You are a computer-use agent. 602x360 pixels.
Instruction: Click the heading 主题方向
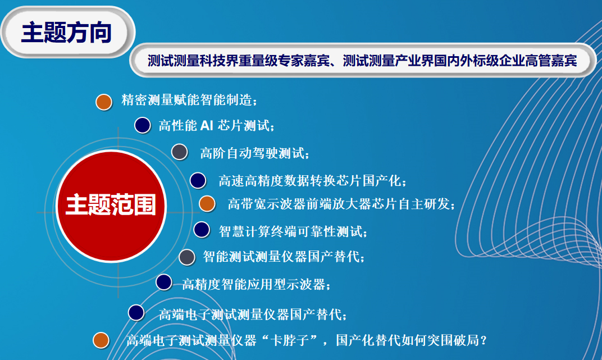pos(66,33)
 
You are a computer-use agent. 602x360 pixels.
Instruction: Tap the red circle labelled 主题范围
pos(111,206)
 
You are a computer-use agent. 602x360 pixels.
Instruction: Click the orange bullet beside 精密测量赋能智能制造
pos(104,102)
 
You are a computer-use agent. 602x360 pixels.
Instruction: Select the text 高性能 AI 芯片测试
pos(217,125)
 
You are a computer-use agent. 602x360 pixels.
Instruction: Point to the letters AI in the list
pos(207,125)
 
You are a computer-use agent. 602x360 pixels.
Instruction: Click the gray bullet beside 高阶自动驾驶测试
pos(179,152)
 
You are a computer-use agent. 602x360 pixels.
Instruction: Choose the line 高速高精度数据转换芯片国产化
pos(312,181)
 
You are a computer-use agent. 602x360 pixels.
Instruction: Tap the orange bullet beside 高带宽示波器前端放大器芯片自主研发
pos(207,204)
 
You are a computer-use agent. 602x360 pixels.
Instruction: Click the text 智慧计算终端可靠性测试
pos(293,231)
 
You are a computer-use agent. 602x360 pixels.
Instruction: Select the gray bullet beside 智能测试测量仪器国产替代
pos(187,257)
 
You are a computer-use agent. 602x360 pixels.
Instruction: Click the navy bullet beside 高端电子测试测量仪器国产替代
pos(136,313)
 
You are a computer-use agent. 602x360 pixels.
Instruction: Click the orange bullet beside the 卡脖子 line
pos(101,340)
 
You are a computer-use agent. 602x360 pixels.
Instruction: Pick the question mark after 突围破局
pos(484,340)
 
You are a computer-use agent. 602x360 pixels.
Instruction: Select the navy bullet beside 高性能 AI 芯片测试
pos(143,125)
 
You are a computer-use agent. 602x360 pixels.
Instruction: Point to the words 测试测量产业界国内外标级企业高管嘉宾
pos(460,61)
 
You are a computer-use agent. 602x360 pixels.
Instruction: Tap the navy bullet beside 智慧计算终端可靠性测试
pos(202,230)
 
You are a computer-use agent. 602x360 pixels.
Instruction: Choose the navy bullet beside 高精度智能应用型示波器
pos(164,282)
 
